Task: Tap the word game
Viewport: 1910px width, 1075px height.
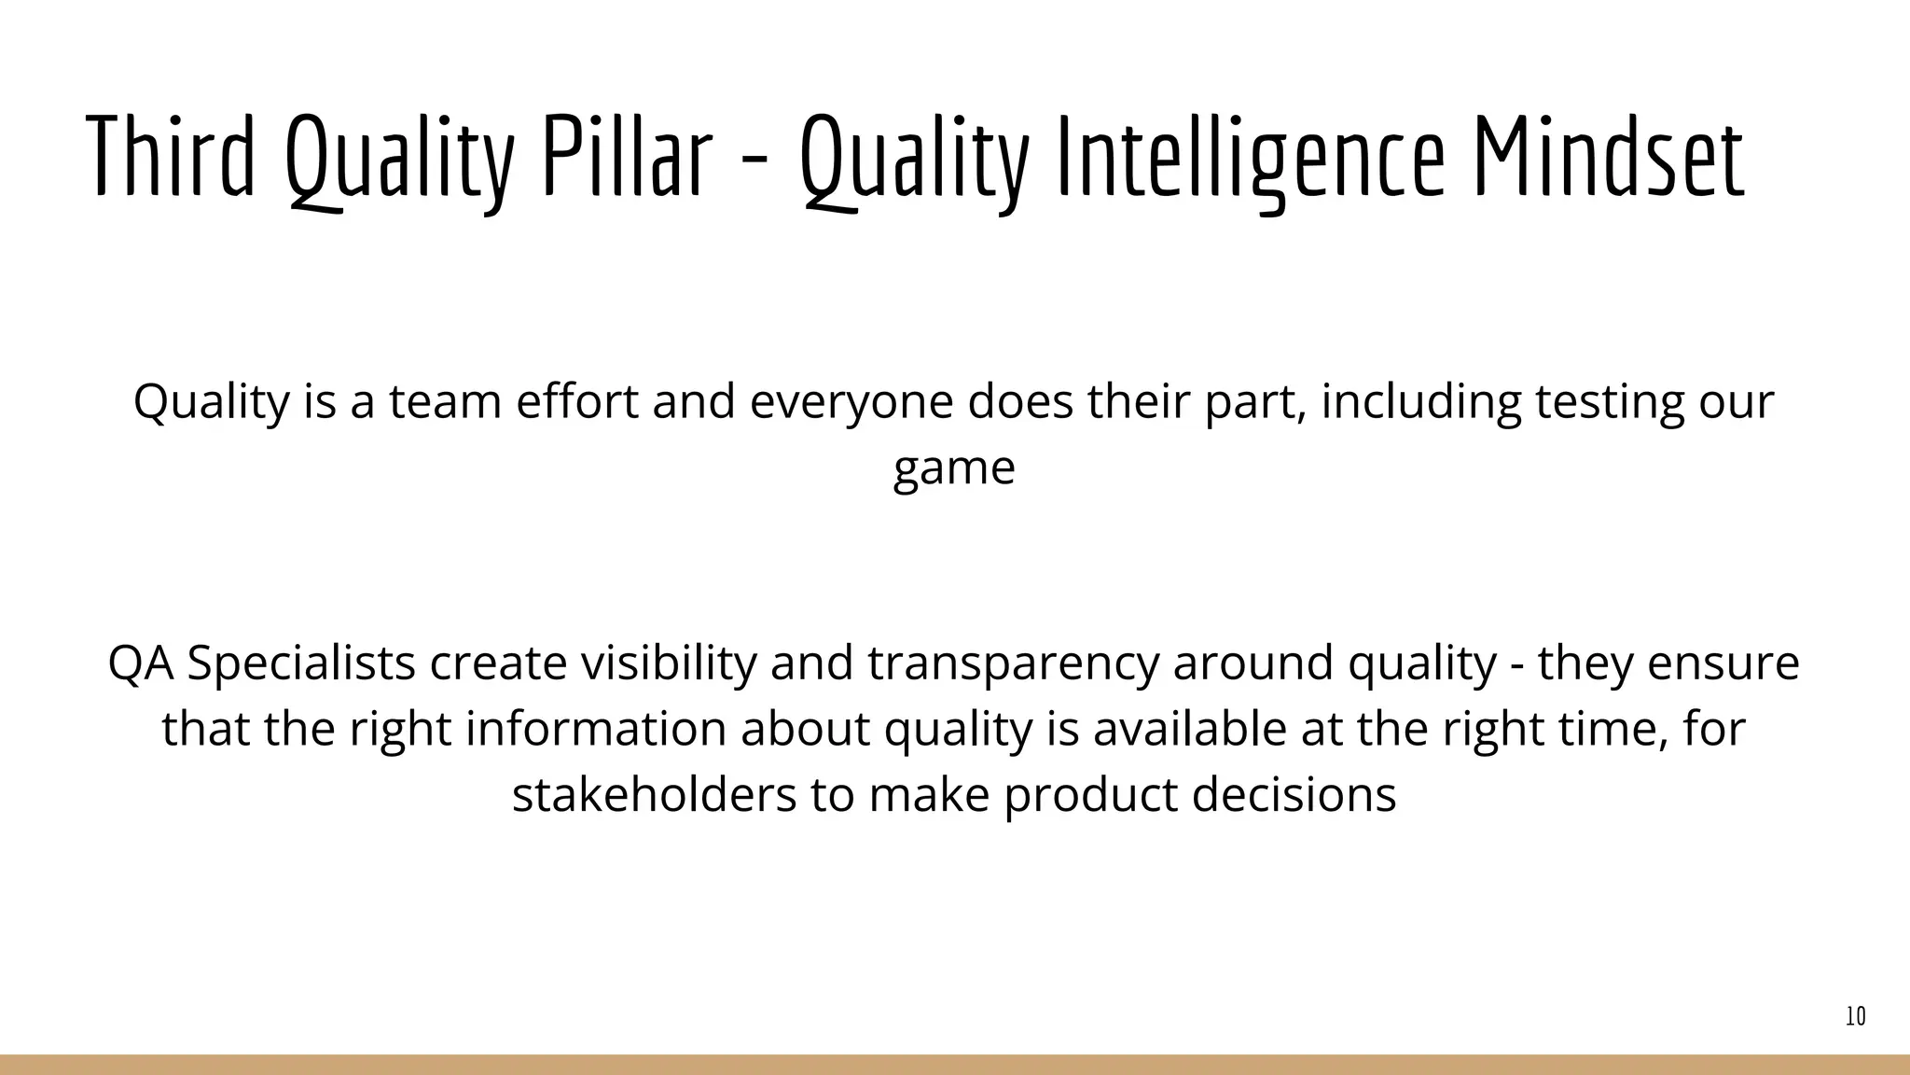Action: click(x=953, y=469)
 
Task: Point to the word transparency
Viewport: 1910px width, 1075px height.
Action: click(x=1013, y=663)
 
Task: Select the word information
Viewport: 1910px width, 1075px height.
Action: click(x=595, y=729)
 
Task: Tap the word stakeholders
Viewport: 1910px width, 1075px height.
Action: click(x=653, y=795)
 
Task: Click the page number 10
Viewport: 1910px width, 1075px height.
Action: click(x=1855, y=1017)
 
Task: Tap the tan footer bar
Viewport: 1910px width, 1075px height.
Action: click(x=955, y=1065)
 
